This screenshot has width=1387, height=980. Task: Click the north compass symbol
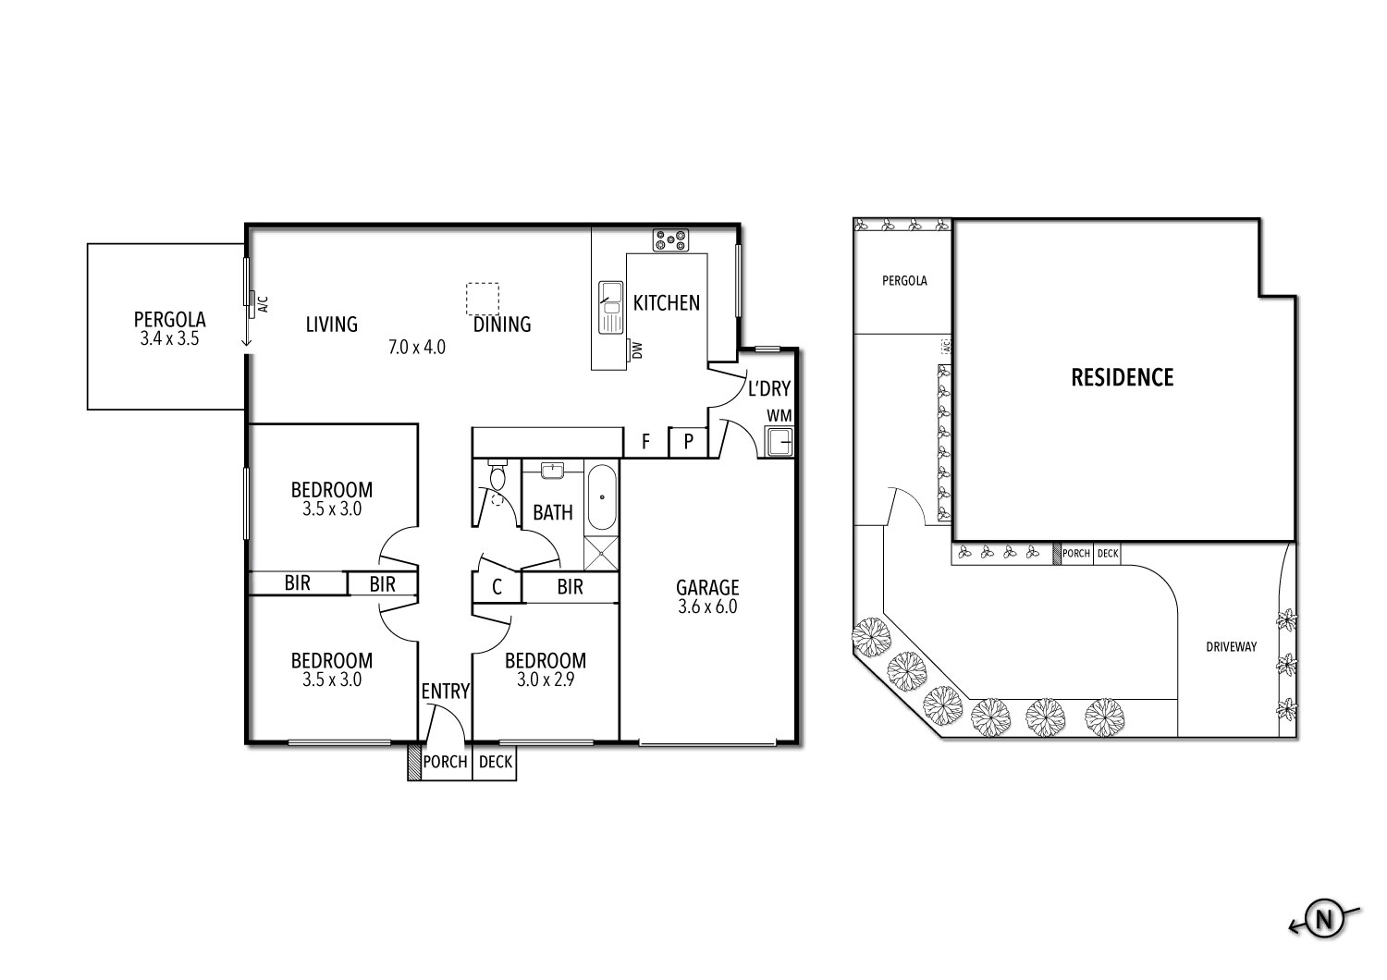[1324, 919]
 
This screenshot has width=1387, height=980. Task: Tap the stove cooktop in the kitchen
[669, 240]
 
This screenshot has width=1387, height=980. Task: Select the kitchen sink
[610, 307]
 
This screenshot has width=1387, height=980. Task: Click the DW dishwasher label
[636, 349]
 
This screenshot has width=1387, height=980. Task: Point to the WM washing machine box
[779, 442]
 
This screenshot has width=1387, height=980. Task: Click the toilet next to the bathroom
[497, 478]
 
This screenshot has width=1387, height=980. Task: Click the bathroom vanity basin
[553, 471]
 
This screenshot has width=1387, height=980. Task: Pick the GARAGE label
[707, 587]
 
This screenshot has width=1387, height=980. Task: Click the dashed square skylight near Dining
[482, 299]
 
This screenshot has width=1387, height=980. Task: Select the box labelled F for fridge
[644, 443]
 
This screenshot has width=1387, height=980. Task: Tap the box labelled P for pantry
[688, 443]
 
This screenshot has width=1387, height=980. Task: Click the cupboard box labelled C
[497, 587]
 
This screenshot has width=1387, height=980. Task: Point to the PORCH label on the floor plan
[445, 763]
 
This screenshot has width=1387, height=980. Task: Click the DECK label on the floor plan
[495, 763]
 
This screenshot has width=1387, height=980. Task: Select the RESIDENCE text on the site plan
[1122, 377]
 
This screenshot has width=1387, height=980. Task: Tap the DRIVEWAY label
[1231, 647]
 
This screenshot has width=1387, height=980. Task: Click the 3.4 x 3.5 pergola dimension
[169, 339]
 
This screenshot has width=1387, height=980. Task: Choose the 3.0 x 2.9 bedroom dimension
[545, 680]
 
